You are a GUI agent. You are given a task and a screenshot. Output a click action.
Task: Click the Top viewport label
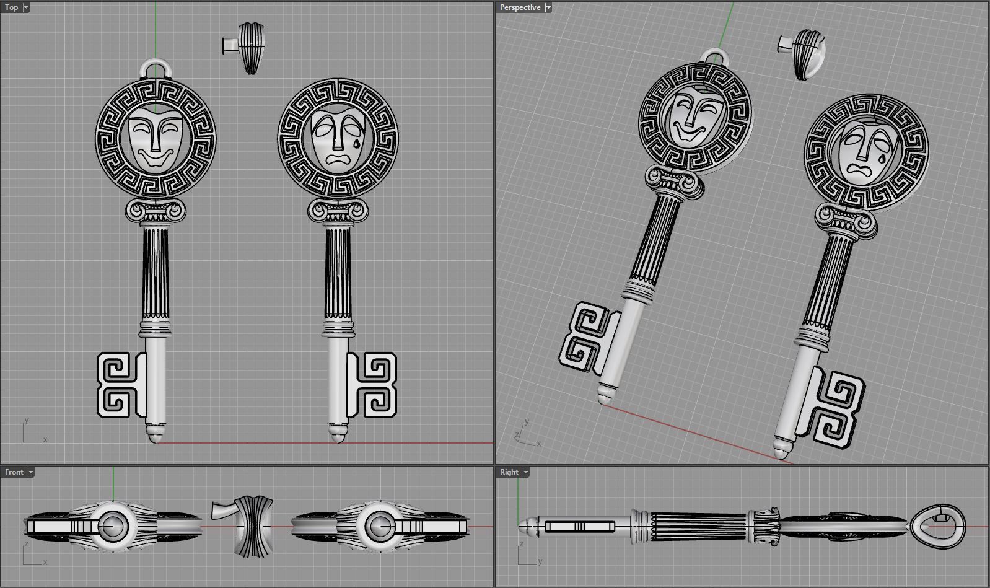click(12, 7)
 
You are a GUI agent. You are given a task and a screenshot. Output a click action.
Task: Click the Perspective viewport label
click(520, 7)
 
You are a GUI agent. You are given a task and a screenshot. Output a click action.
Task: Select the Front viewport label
click(14, 472)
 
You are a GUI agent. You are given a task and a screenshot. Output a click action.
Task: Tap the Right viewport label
click(509, 472)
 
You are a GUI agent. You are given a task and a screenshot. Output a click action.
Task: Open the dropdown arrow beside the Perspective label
click(548, 7)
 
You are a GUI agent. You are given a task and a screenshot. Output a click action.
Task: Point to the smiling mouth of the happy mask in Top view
click(155, 157)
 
